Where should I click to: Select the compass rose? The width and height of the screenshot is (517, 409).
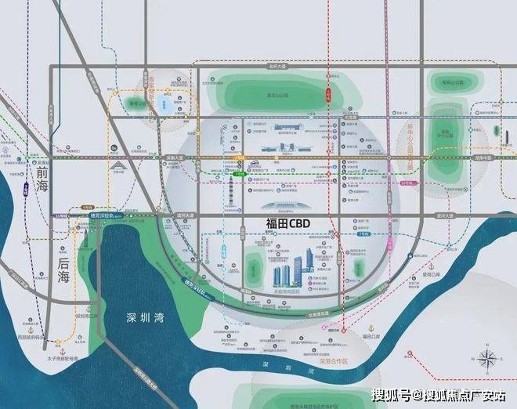coord(486,361)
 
